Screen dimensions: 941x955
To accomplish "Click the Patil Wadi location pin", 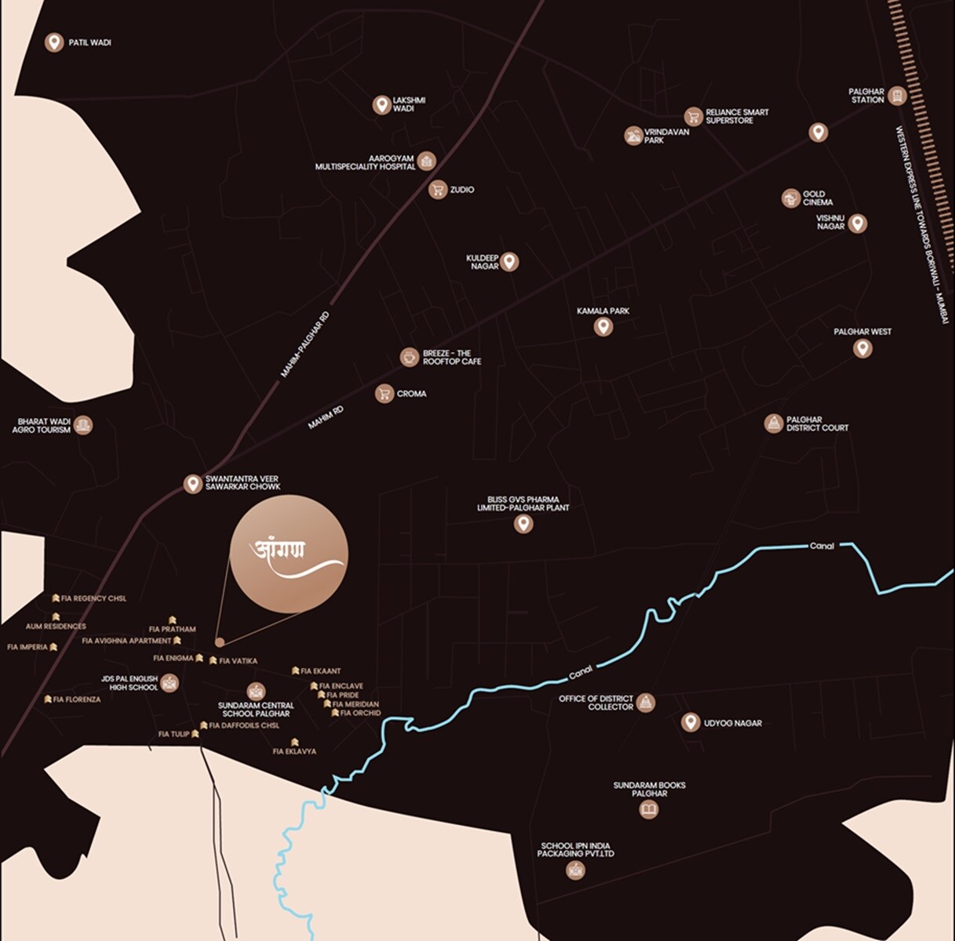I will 54,42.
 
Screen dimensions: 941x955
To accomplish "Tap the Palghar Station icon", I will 898,96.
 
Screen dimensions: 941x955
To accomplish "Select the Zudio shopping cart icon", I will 438,189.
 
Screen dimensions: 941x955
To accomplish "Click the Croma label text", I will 411,394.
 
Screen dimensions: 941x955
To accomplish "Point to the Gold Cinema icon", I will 790,198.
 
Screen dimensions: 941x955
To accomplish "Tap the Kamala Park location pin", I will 603,326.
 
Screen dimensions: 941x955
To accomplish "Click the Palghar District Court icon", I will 774,423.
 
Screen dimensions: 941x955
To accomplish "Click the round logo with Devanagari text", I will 289,554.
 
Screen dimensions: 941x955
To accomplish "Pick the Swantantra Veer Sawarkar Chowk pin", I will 192,483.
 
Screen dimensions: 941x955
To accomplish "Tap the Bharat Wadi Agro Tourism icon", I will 84,425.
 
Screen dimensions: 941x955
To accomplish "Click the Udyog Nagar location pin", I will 691,722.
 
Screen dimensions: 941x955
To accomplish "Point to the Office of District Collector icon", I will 645,702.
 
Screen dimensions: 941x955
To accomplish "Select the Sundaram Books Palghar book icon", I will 649,809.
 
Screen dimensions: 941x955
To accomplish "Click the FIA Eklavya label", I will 294,751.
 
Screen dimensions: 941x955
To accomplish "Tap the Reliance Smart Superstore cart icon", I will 693,117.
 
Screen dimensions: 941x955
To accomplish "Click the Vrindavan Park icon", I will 633,136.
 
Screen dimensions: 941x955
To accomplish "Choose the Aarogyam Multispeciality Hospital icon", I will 426,162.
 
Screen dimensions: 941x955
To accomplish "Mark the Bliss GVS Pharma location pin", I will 523,524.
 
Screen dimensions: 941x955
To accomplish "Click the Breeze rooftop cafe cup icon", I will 409,358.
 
